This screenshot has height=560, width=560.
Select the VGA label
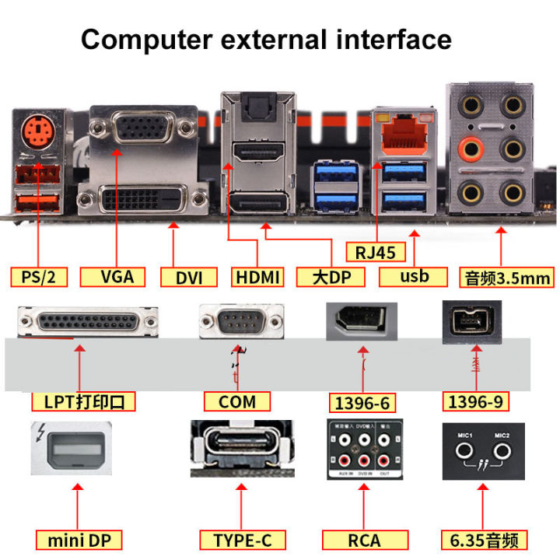coord(117,276)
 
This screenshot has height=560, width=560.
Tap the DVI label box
coord(189,277)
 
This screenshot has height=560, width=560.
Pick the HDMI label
coord(257,277)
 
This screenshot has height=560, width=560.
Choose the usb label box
coord(414,276)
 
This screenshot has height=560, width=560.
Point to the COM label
coord(238,401)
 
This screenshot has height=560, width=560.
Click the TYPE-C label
coord(238,539)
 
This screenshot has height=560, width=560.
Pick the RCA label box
coord(362,539)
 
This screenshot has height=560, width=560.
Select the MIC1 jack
coord(464,450)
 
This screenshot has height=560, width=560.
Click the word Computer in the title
coord(146,39)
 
